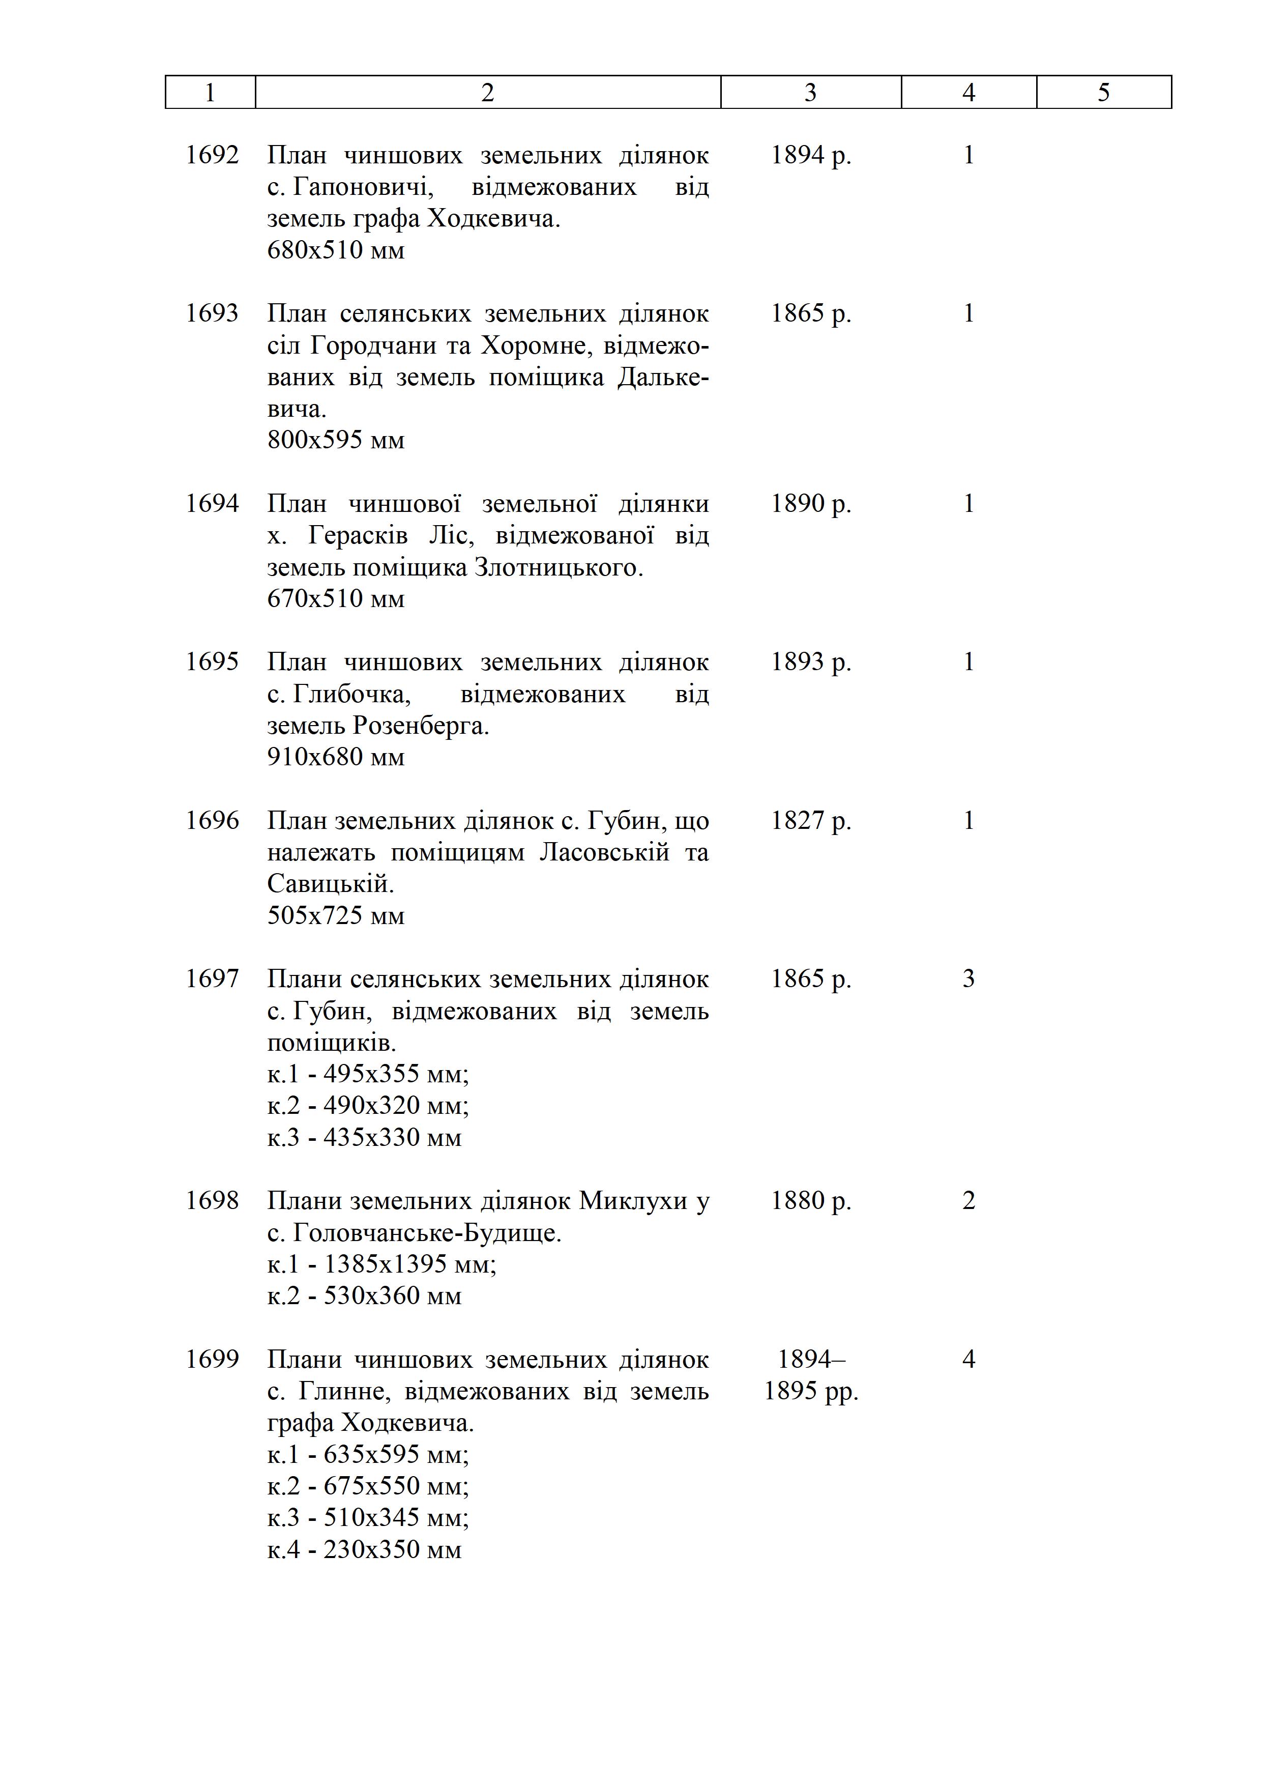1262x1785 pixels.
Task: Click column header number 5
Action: [x=1103, y=93]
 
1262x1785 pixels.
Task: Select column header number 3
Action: [x=810, y=93]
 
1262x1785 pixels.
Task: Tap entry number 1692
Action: [x=212, y=156]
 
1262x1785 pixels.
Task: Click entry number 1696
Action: [x=212, y=820]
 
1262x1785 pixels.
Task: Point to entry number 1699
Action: [x=212, y=1359]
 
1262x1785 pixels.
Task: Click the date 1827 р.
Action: [x=810, y=820]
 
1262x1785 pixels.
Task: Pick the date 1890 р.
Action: [x=810, y=504]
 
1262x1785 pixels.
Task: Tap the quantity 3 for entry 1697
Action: [x=968, y=979]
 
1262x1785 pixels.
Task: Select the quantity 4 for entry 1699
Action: [x=968, y=1359]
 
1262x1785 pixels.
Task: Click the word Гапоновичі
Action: [x=363, y=187]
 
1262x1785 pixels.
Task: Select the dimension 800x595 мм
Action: [x=336, y=440]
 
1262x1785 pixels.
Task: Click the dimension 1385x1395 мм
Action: [x=381, y=1264]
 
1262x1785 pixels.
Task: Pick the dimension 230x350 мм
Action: [x=364, y=1549]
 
